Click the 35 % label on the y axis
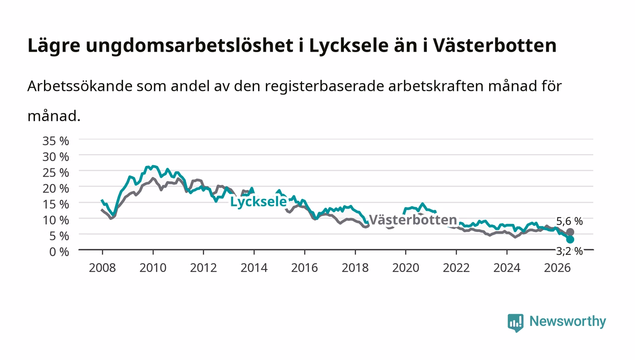point(55,141)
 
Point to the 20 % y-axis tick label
point(55,189)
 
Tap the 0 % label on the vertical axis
point(59,252)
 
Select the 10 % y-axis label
point(55,220)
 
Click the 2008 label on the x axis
point(103,268)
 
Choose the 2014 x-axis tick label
point(254,268)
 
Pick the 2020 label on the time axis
point(405,268)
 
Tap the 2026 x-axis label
point(557,268)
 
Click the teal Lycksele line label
point(259,202)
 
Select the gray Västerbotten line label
point(413,220)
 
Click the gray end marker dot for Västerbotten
point(570,232)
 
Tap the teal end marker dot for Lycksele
point(570,239)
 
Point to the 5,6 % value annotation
point(569,221)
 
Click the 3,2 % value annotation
point(569,251)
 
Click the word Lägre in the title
point(54,46)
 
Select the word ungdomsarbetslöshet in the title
point(190,45)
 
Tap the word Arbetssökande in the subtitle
point(80,86)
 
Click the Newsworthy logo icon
point(515,322)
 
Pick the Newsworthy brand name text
point(567,321)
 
